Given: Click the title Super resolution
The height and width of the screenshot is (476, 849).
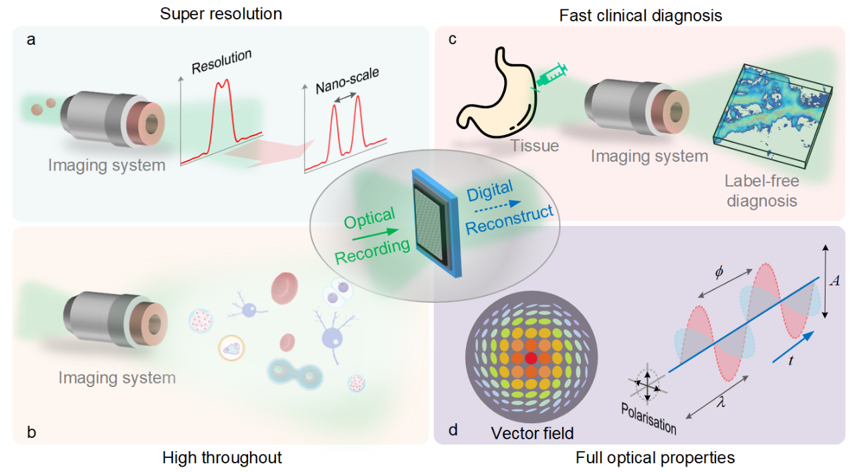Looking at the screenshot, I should click(x=221, y=13).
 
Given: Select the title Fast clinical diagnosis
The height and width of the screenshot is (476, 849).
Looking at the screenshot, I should click(x=641, y=15).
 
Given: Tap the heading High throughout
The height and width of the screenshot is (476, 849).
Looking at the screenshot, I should click(x=222, y=458).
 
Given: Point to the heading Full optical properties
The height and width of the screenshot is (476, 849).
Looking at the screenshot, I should click(x=655, y=458).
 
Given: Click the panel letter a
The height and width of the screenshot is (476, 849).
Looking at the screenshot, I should click(x=31, y=39).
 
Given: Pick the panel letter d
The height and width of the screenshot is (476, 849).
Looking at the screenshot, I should click(x=453, y=430).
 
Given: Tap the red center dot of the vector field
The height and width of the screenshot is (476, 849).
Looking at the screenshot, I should click(x=531, y=358).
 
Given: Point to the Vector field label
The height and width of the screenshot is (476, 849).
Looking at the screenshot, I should click(x=532, y=433).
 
